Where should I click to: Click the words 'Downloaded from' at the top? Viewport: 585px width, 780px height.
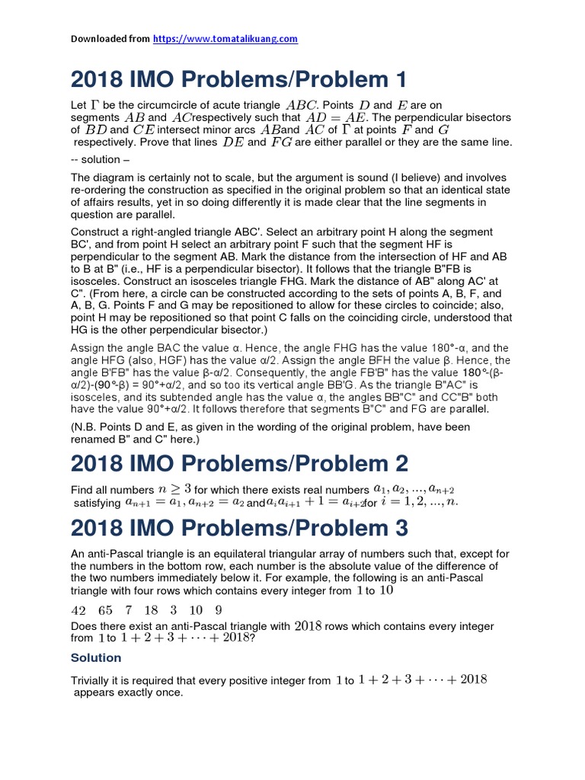110,39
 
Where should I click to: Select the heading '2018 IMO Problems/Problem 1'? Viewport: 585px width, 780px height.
239,78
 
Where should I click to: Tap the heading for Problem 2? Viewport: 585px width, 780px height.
239,463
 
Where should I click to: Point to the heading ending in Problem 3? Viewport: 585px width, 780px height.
239,527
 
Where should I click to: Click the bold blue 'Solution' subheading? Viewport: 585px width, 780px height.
96,657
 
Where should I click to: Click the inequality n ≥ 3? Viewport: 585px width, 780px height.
174,489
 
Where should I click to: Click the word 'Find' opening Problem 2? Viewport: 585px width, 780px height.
82,490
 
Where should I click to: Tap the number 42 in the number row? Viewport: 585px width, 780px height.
78,610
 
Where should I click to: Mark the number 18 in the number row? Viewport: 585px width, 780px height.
151,610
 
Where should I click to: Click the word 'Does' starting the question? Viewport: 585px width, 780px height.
85,627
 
